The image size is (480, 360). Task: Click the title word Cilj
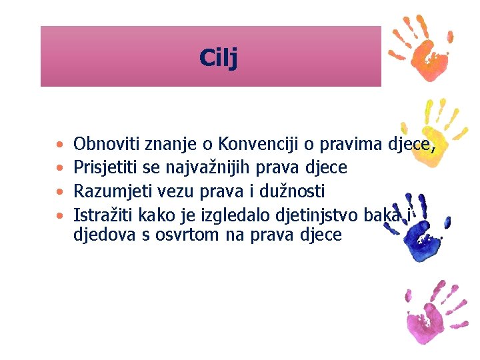pyautogui.click(x=218, y=58)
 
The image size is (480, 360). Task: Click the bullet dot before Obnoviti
pyautogui.click(x=61, y=144)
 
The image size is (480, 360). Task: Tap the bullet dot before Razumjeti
pyautogui.click(x=61, y=192)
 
